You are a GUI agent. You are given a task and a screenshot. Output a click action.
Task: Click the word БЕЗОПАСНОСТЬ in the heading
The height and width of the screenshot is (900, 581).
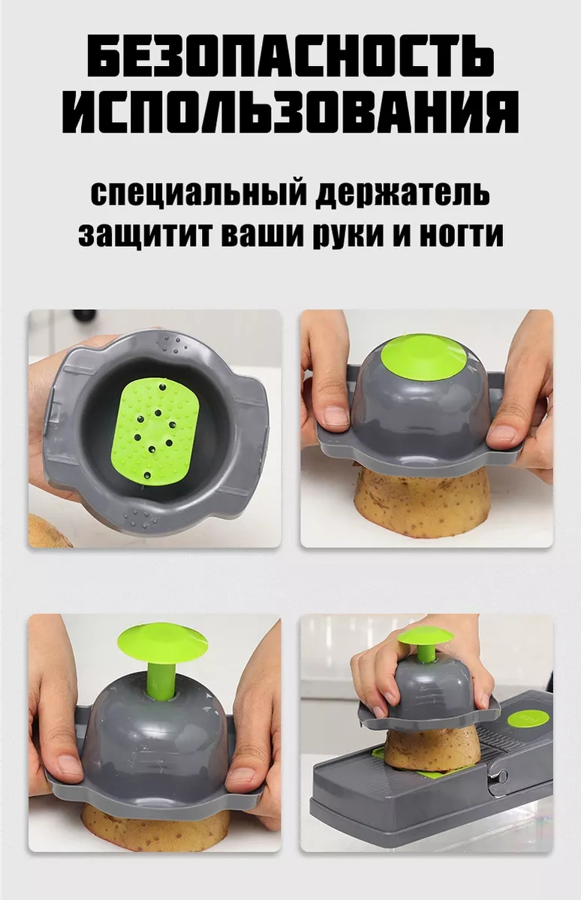pyautogui.click(x=290, y=57)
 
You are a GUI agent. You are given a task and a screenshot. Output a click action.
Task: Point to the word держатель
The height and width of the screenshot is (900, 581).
pyautogui.click(x=403, y=193)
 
